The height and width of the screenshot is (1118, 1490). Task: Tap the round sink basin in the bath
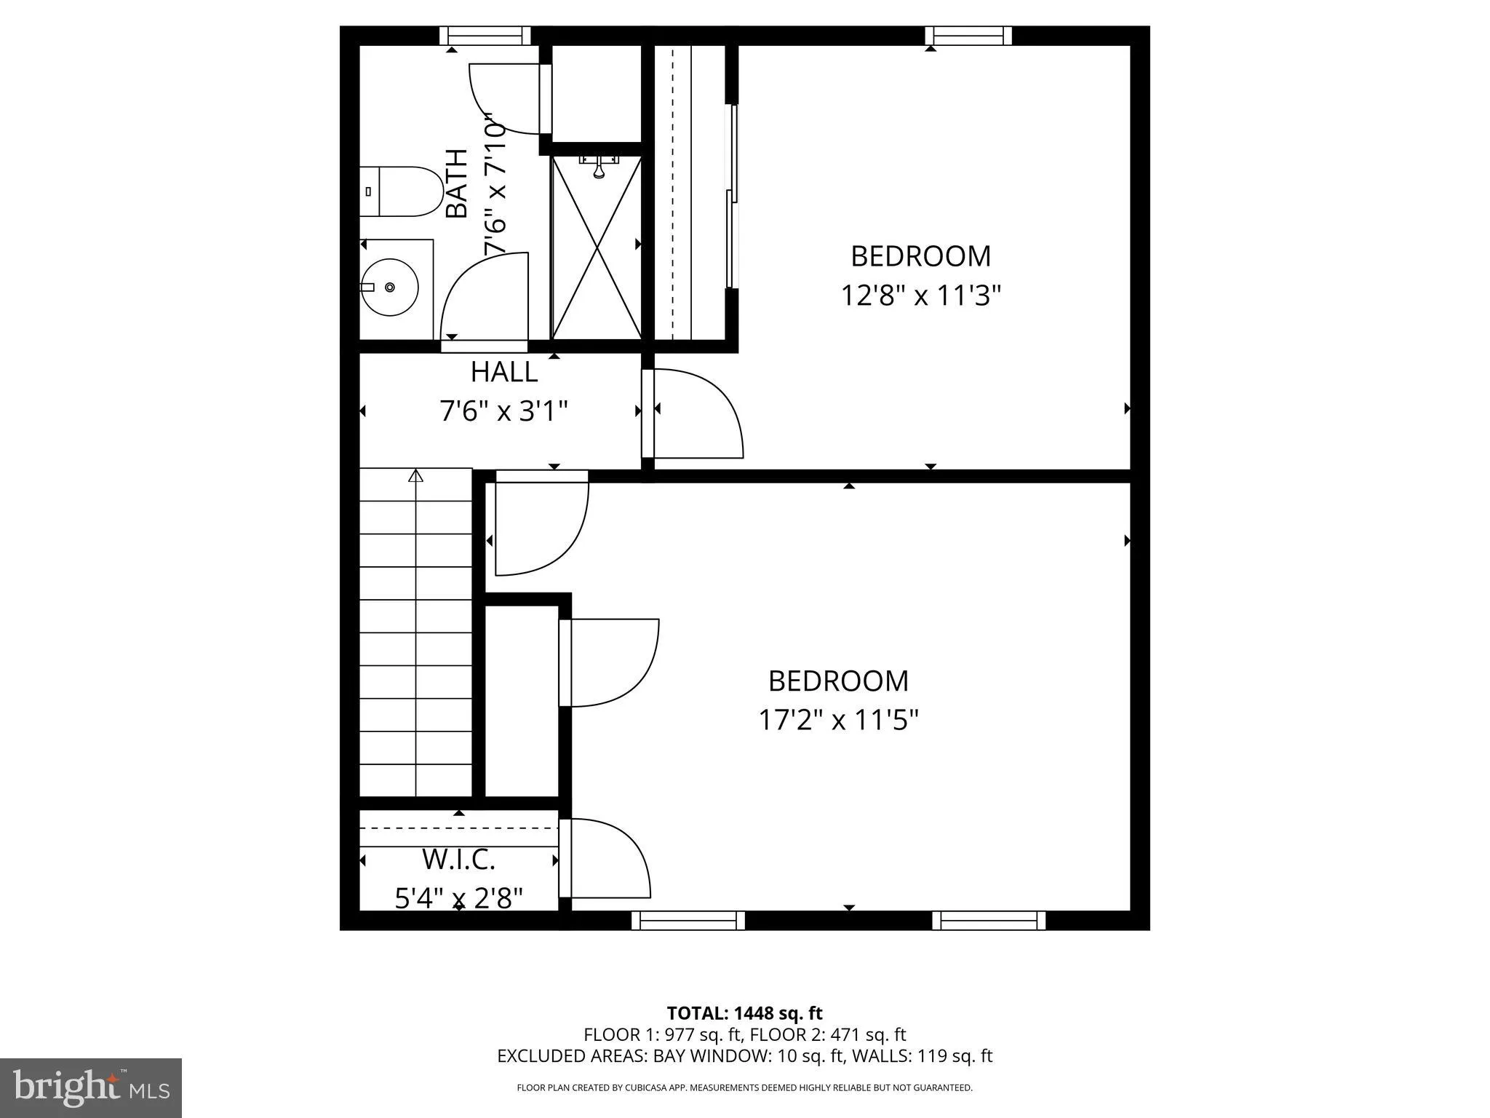tap(390, 288)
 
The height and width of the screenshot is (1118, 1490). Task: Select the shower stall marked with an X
tap(597, 247)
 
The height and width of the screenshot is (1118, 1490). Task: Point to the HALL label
tap(503, 372)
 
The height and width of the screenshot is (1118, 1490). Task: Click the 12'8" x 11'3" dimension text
tap(921, 296)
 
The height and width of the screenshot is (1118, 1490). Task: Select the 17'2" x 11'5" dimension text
tap(838, 721)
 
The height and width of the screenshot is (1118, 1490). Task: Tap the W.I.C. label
tap(458, 860)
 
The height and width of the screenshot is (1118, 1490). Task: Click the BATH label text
tap(456, 183)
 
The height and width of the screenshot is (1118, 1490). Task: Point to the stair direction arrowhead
tap(415, 476)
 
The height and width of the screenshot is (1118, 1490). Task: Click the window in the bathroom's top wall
tap(485, 36)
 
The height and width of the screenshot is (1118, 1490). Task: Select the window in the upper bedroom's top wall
tap(968, 36)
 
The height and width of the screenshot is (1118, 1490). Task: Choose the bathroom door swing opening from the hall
tap(484, 298)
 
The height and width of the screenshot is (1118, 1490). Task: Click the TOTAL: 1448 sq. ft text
tap(744, 1013)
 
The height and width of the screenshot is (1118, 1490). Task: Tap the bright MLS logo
tap(91, 1087)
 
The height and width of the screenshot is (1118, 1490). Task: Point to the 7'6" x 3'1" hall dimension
tap(503, 412)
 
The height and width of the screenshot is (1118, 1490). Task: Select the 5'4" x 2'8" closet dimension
tap(458, 899)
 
